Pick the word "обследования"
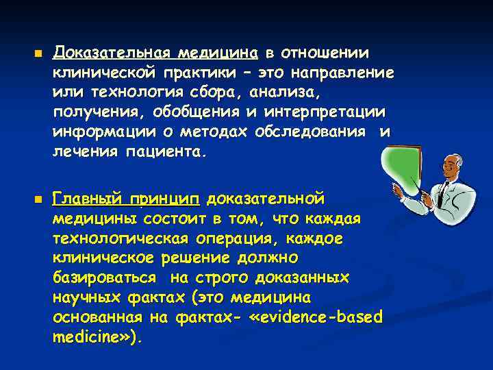click(318, 132)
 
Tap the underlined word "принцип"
click(169, 199)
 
